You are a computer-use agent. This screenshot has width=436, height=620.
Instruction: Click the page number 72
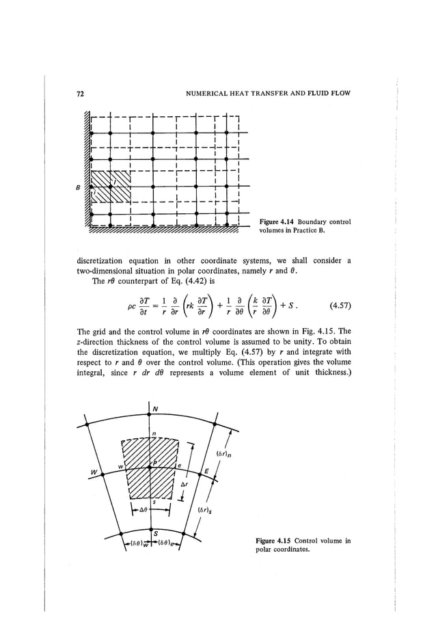60,92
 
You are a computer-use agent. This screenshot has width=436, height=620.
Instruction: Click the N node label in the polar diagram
154,412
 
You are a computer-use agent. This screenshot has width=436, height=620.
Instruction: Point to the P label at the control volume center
154,461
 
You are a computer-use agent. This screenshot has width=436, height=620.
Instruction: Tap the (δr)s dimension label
204,510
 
